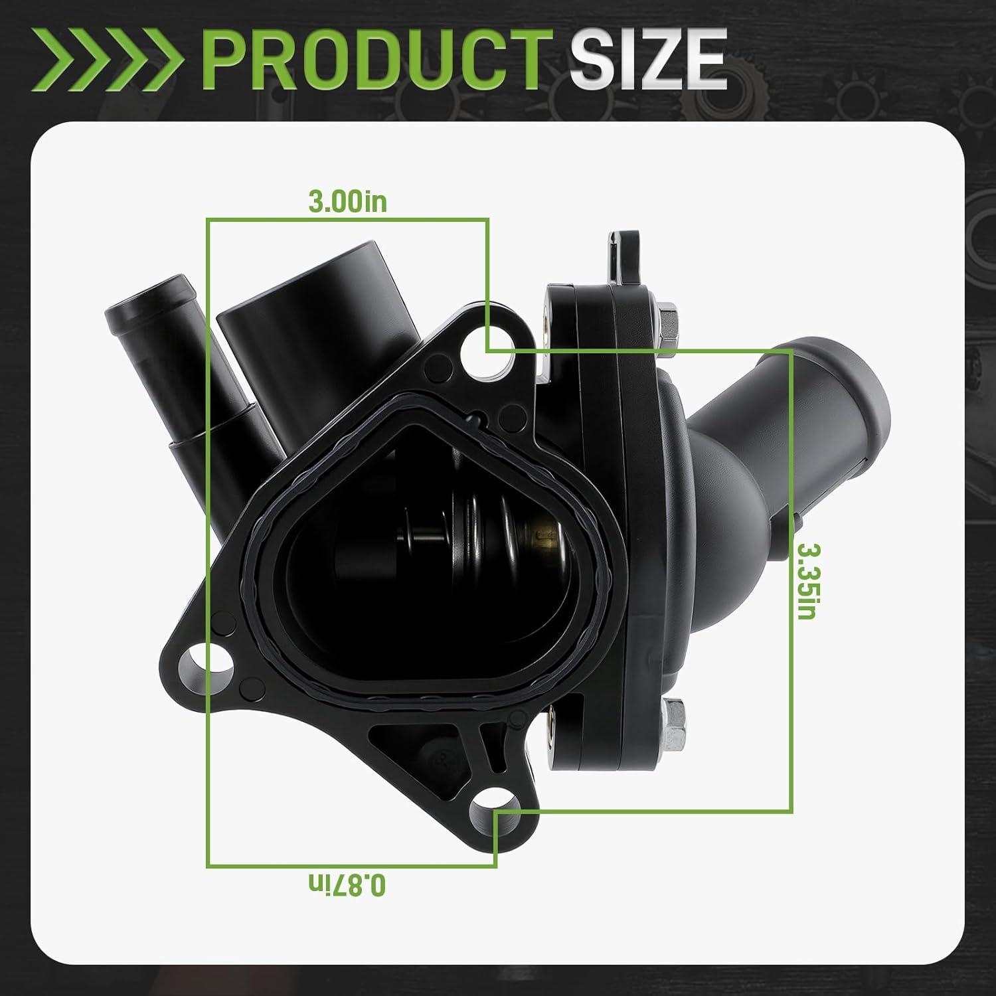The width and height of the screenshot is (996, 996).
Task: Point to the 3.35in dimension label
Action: (806, 580)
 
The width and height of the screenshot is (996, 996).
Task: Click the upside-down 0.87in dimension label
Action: (347, 884)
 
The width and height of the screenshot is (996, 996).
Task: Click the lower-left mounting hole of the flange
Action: (208, 664)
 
